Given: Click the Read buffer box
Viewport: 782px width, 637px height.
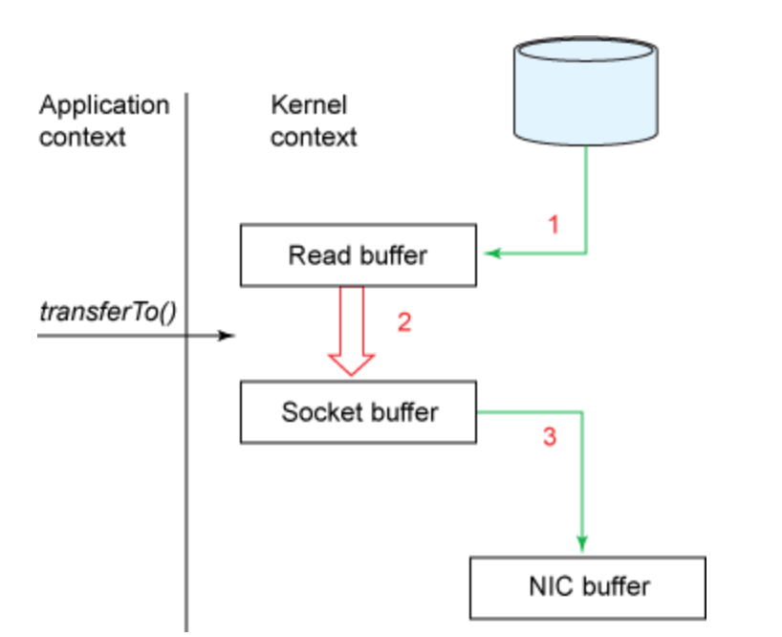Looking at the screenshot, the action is click(x=358, y=255).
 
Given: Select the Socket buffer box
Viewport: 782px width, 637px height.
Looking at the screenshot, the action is click(x=358, y=412).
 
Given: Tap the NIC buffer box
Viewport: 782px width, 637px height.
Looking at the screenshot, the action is click(x=588, y=587).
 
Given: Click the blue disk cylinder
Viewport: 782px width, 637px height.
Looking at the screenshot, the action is click(x=586, y=91).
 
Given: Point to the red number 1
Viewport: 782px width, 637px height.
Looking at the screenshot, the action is click(x=554, y=225).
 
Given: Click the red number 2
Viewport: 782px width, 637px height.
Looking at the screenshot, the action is click(x=404, y=321).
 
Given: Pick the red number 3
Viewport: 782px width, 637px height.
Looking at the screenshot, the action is click(x=550, y=436).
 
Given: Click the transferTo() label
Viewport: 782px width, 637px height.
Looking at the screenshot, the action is click(x=108, y=312).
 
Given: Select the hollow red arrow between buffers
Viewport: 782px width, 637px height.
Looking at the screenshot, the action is click(x=352, y=330).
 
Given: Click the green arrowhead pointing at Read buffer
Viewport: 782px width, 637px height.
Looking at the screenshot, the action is click(x=492, y=253).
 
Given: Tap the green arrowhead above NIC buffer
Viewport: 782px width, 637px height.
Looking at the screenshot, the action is click(x=582, y=542).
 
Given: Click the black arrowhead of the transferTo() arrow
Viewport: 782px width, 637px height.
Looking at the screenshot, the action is click(x=227, y=336).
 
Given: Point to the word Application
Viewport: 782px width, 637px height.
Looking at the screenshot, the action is click(x=104, y=106).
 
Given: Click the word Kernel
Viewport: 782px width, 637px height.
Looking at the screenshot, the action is click(x=309, y=105).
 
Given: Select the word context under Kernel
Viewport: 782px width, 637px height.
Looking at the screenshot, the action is click(x=314, y=137).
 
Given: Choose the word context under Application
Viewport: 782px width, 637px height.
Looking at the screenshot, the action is click(x=82, y=137).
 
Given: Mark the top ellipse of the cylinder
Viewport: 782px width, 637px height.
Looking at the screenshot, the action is click(x=586, y=50).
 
